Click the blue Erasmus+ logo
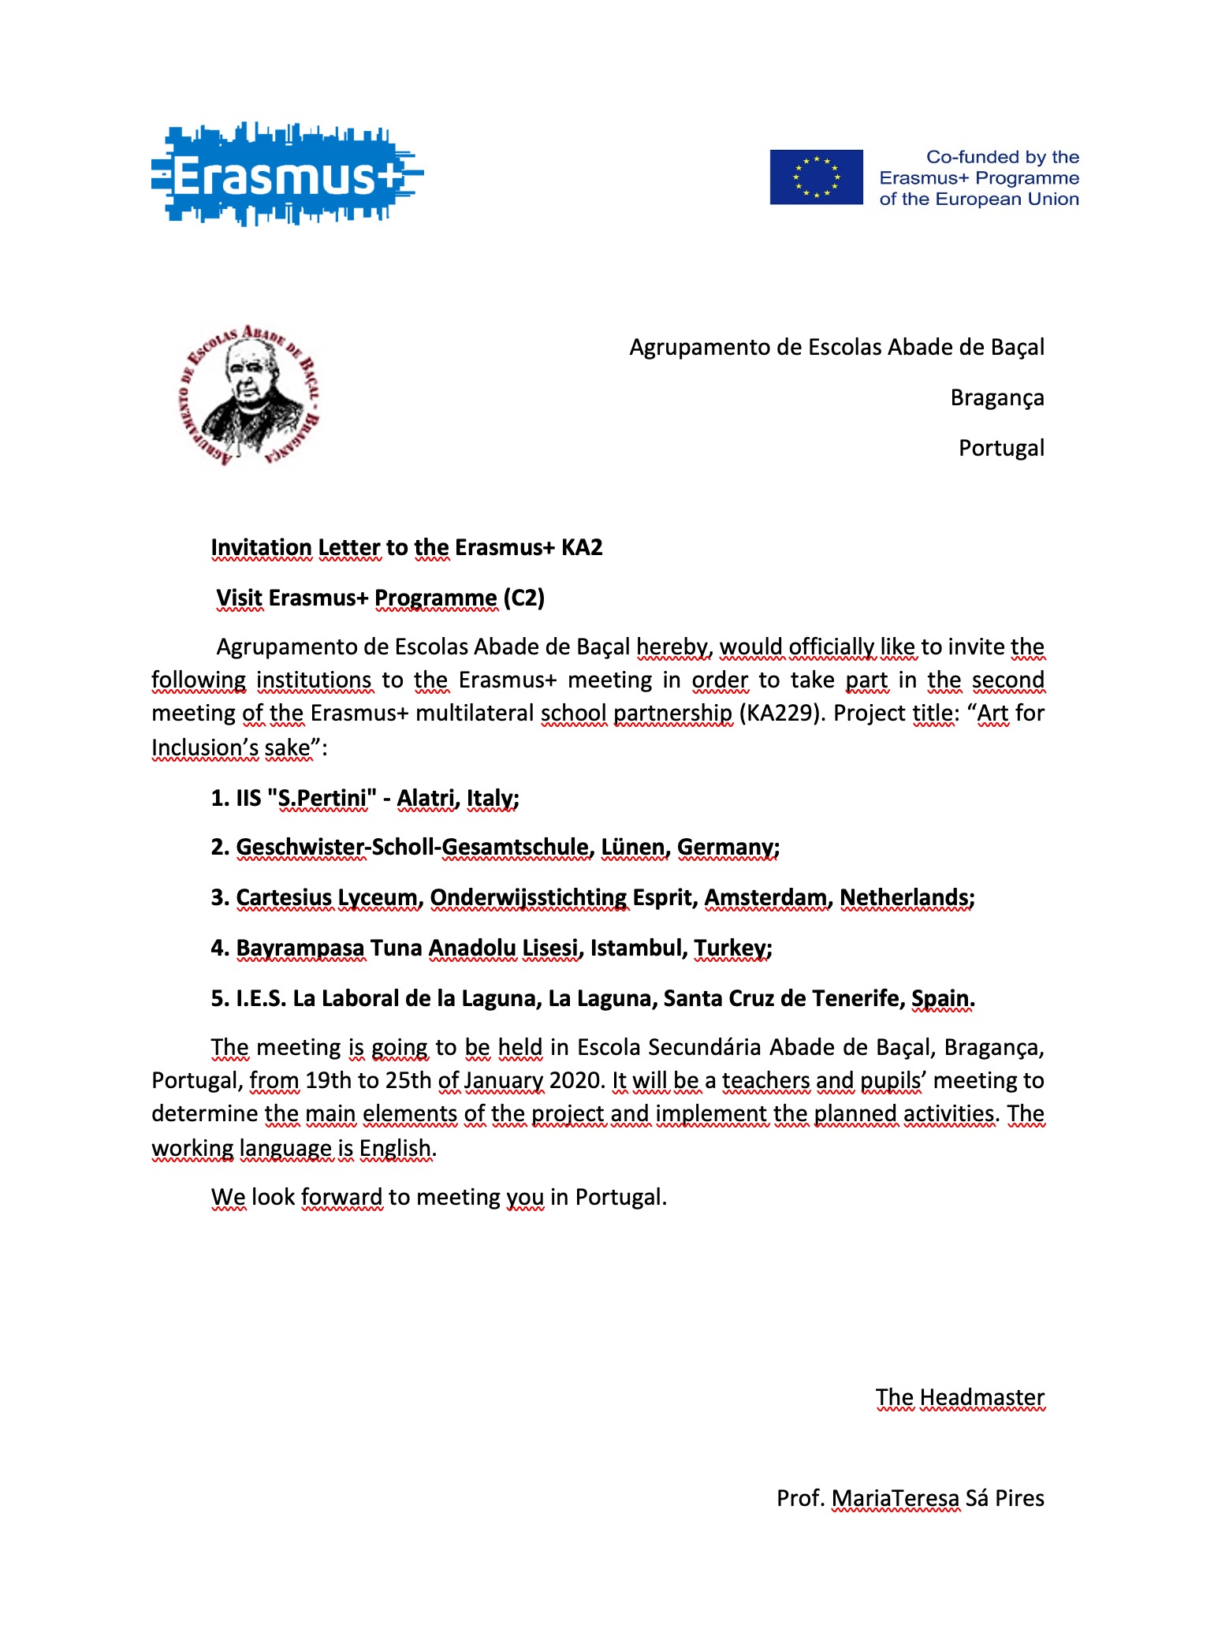click(286, 174)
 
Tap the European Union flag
click(816, 177)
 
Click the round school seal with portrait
click(249, 395)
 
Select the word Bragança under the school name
click(996, 398)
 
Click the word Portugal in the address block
click(1000, 449)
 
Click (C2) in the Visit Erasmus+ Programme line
click(524, 598)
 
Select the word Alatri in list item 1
click(425, 799)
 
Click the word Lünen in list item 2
click(633, 848)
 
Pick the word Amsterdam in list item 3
click(765, 898)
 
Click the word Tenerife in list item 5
click(855, 999)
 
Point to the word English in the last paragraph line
click(395, 1148)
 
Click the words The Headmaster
click(959, 1397)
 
